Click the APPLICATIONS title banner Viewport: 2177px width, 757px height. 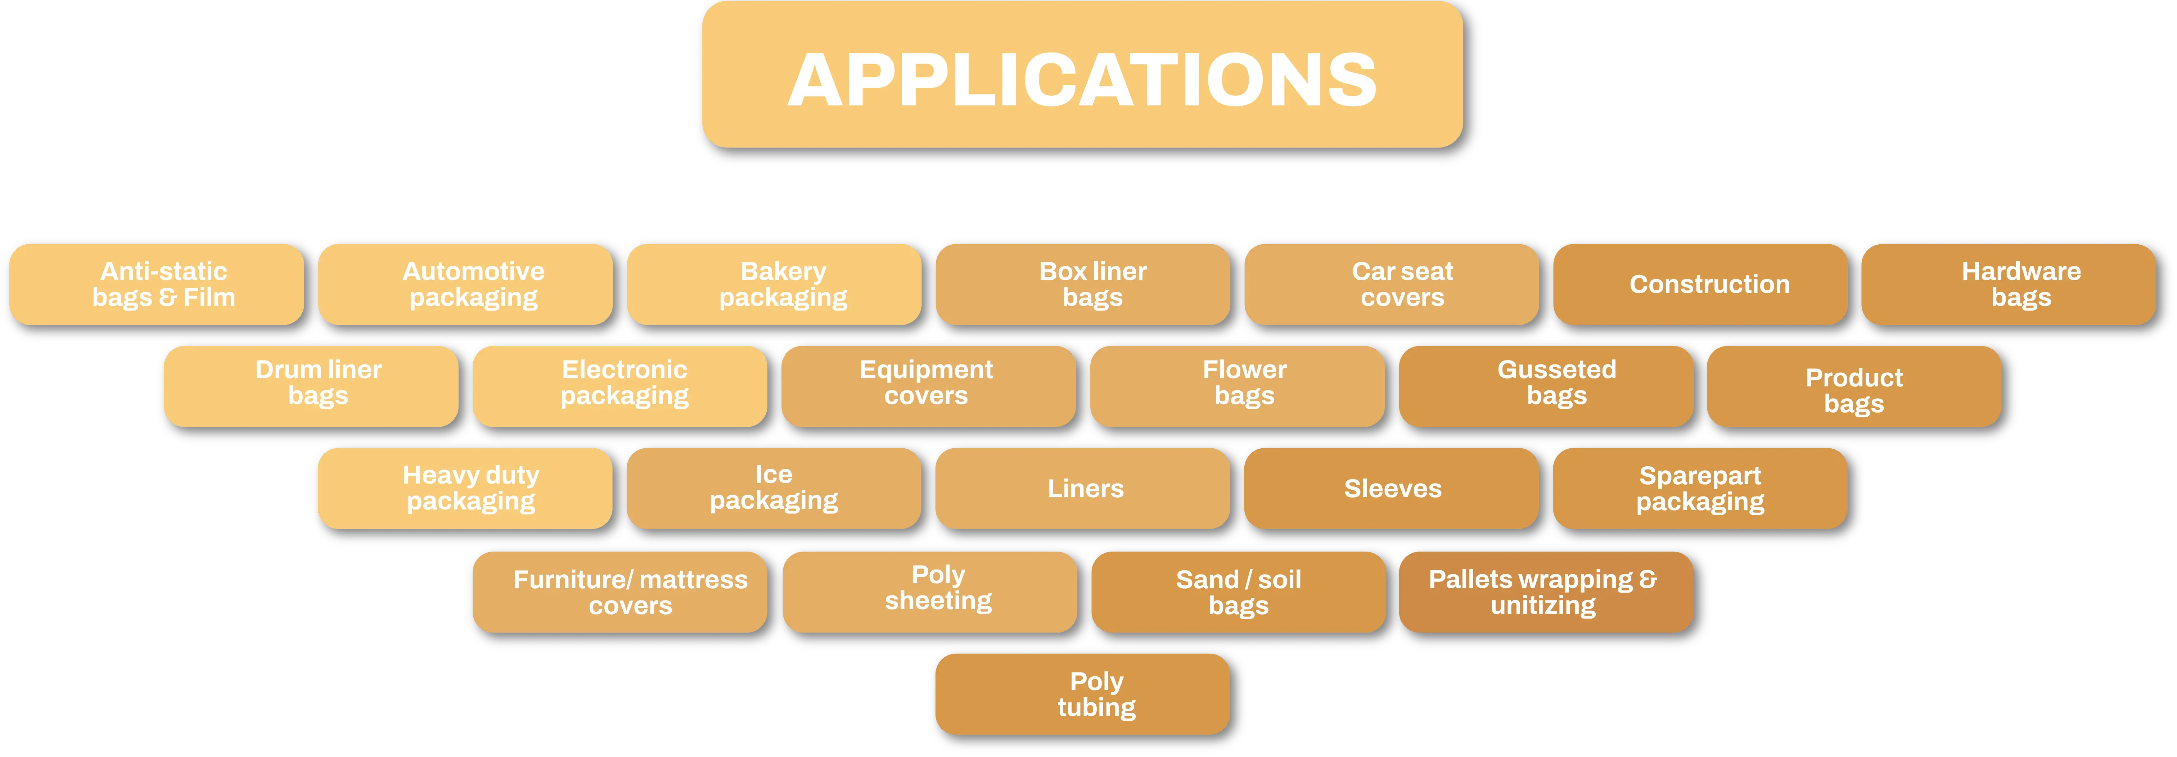(x=1082, y=76)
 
